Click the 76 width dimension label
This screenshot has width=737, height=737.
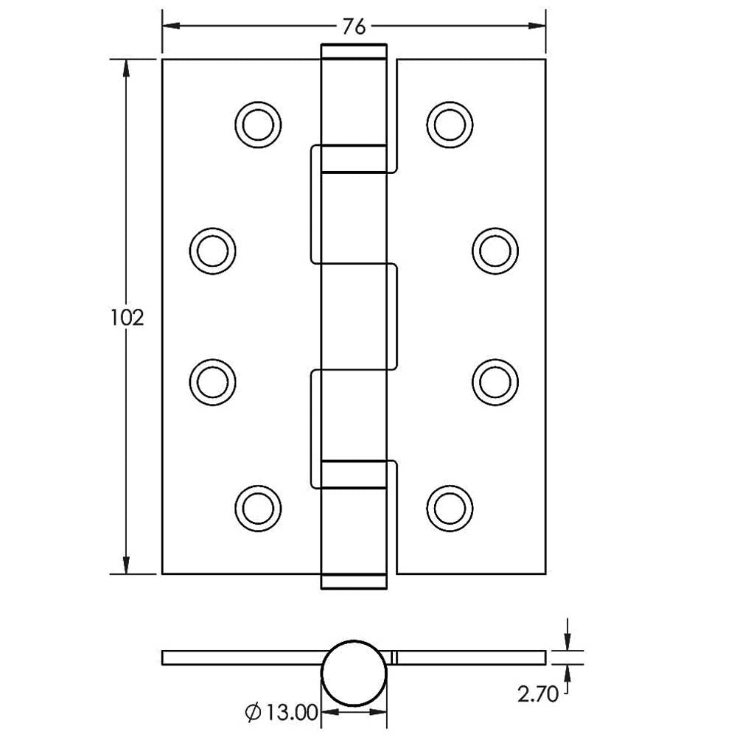point(354,27)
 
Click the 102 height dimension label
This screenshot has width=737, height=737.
point(127,318)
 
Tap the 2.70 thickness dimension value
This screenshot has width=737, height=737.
point(538,694)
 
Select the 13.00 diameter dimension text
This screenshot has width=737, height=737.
point(292,713)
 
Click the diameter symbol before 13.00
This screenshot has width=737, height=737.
point(253,713)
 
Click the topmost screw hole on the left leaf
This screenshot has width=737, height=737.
point(258,125)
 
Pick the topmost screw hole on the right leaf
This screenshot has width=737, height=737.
point(450,125)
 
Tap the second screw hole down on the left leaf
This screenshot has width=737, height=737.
point(212,251)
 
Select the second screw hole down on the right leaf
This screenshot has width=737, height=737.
point(495,251)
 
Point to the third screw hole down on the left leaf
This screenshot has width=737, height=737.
point(212,382)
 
